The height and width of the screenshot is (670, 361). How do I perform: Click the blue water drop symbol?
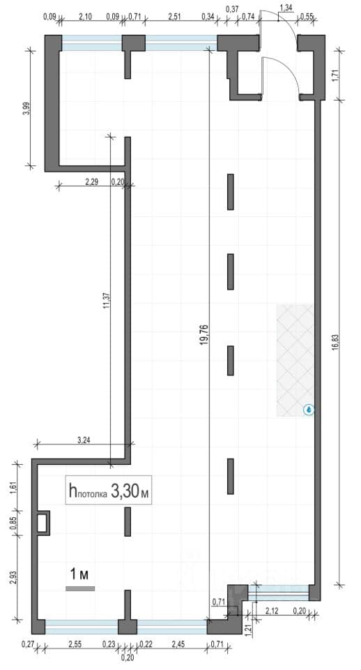point(309,410)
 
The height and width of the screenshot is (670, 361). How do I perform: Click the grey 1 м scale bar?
point(80,588)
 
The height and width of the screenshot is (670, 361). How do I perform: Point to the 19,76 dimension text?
point(204,334)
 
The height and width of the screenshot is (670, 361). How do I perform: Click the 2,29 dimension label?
point(92,181)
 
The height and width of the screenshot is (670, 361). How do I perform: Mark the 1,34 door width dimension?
point(286,7)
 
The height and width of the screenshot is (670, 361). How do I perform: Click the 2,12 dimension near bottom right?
point(272,610)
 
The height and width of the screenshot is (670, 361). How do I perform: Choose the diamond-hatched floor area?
point(295,360)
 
